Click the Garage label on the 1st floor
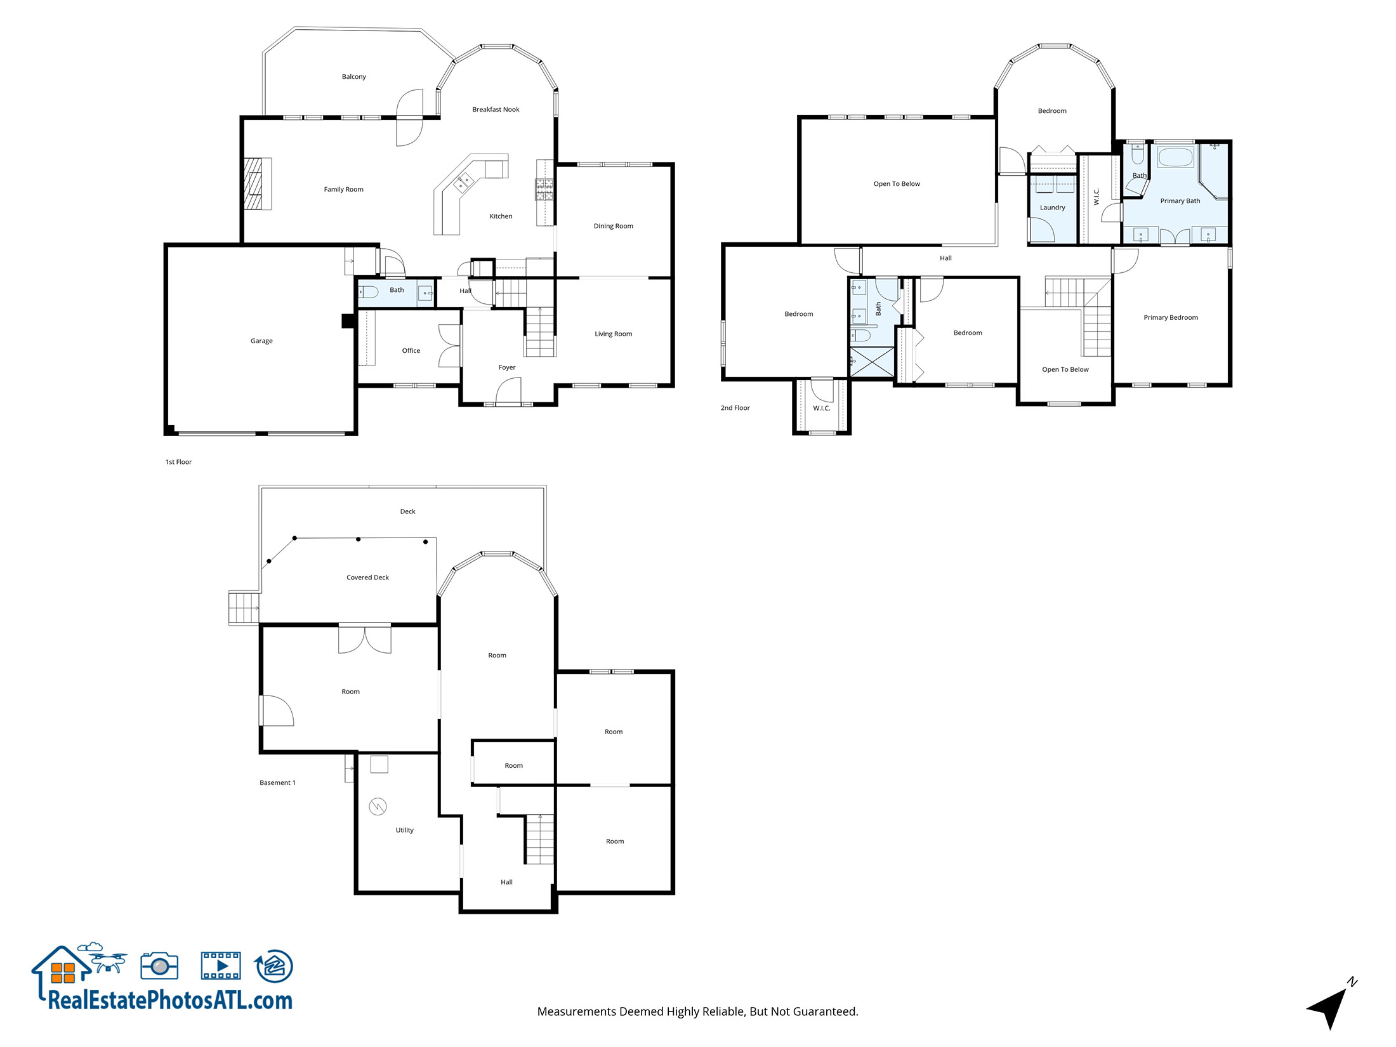[261, 341]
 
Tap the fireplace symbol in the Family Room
[257, 183]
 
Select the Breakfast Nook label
[496, 109]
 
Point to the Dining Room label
[613, 226]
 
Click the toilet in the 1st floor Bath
[369, 292]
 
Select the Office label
[411, 350]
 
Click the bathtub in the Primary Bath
[1175, 157]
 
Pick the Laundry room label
[1052, 207]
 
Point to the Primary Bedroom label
[1170, 317]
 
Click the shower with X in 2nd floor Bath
[872, 362]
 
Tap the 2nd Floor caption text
[735, 408]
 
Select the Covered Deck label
[367, 577]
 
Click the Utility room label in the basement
[404, 830]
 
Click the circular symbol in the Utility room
[378, 807]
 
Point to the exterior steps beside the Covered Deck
[244, 608]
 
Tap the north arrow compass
[1329, 1006]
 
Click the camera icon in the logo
[159, 966]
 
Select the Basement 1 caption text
[277, 782]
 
